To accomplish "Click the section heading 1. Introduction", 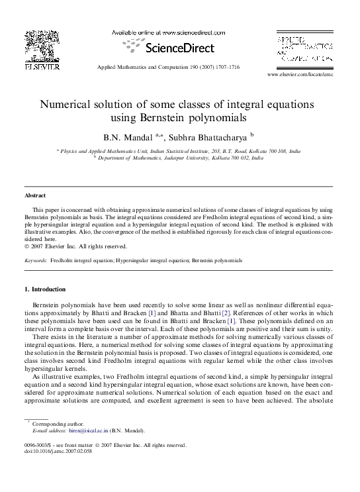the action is click(x=44, y=289).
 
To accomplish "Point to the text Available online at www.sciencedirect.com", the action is click(x=167, y=32).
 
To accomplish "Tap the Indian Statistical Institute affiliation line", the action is click(x=179, y=151).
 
